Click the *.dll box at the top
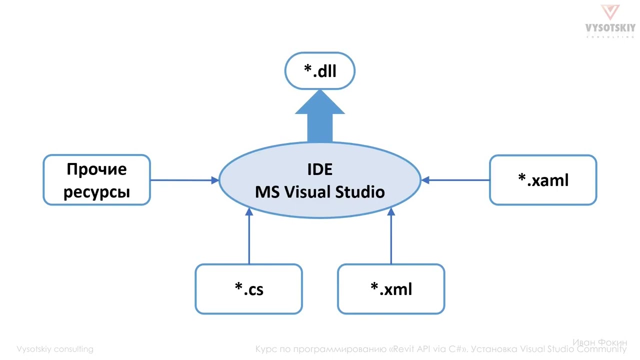(x=320, y=71)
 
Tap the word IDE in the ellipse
(x=320, y=169)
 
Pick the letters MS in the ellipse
(x=266, y=192)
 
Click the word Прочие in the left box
(x=96, y=169)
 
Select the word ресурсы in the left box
(x=96, y=192)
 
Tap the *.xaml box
(x=543, y=180)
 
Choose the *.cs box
(x=249, y=289)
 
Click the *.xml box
(x=391, y=289)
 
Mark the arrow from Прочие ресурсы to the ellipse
(x=184, y=180)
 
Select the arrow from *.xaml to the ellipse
(x=455, y=180)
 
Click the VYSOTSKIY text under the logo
(x=610, y=28)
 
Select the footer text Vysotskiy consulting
(x=55, y=349)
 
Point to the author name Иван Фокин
(x=599, y=342)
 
